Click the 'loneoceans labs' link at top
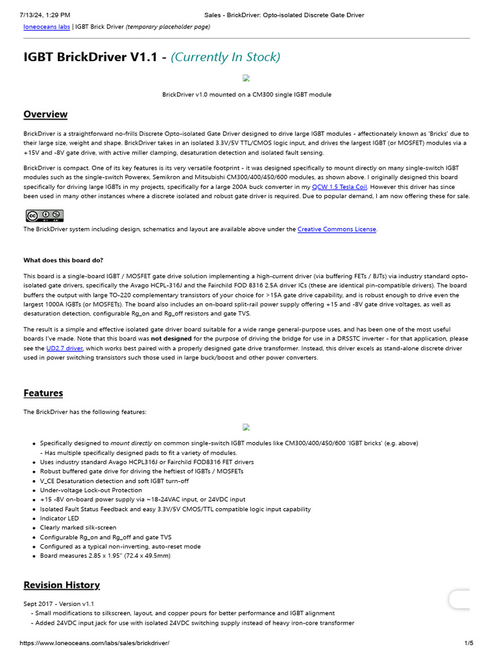[x=47, y=27]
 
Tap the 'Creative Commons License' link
[x=336, y=229]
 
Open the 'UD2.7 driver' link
[x=64, y=348]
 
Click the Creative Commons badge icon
[x=44, y=215]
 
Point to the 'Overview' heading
[x=46, y=114]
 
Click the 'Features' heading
[x=43, y=393]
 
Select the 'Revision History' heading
[x=62, y=585]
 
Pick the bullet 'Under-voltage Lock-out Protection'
[x=91, y=490]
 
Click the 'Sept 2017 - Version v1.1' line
[x=58, y=604]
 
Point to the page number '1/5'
[x=469, y=643]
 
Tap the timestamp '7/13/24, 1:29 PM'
[x=45, y=14]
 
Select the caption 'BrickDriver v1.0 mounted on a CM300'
[x=246, y=94]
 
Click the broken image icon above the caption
[x=246, y=78]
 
